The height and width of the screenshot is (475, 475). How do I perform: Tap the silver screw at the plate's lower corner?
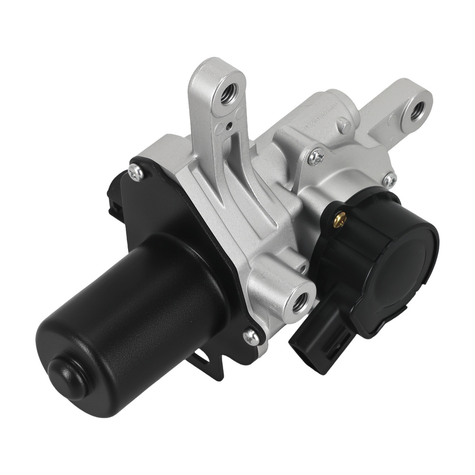point(251,338)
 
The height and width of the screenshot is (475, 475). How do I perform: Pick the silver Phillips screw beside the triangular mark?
point(316,156)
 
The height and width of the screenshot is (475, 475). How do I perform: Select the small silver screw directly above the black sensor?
point(389,180)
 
